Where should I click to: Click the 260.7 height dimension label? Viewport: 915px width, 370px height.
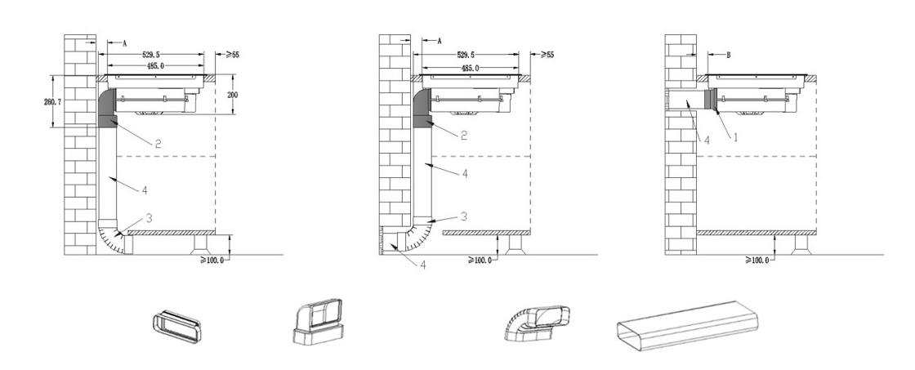click(x=52, y=101)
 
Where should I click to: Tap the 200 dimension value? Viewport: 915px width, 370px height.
click(x=232, y=95)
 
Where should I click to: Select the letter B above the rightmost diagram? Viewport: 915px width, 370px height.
click(x=728, y=56)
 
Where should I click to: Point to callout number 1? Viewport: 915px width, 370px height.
click(x=735, y=137)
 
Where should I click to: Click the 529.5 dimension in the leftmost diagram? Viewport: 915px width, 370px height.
click(x=151, y=55)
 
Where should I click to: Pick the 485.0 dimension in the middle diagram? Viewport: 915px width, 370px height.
click(x=470, y=69)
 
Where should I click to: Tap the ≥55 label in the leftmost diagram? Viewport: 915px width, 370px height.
click(x=232, y=55)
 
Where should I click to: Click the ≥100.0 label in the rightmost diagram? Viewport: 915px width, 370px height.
click(x=757, y=261)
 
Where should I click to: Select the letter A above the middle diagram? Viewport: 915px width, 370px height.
click(x=440, y=42)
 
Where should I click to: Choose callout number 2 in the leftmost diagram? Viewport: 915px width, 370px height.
click(x=158, y=144)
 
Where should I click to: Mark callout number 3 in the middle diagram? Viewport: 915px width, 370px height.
click(x=464, y=216)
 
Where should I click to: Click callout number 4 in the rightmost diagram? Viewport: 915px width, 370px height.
click(x=706, y=140)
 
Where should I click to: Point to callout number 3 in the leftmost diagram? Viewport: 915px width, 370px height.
click(x=149, y=218)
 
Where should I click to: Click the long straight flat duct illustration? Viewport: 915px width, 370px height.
click(x=687, y=326)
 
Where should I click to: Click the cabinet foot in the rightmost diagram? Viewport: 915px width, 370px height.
click(x=801, y=245)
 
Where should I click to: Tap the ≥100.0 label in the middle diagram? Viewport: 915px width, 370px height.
click(x=480, y=261)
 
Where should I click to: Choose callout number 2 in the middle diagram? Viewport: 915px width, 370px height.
click(x=464, y=136)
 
